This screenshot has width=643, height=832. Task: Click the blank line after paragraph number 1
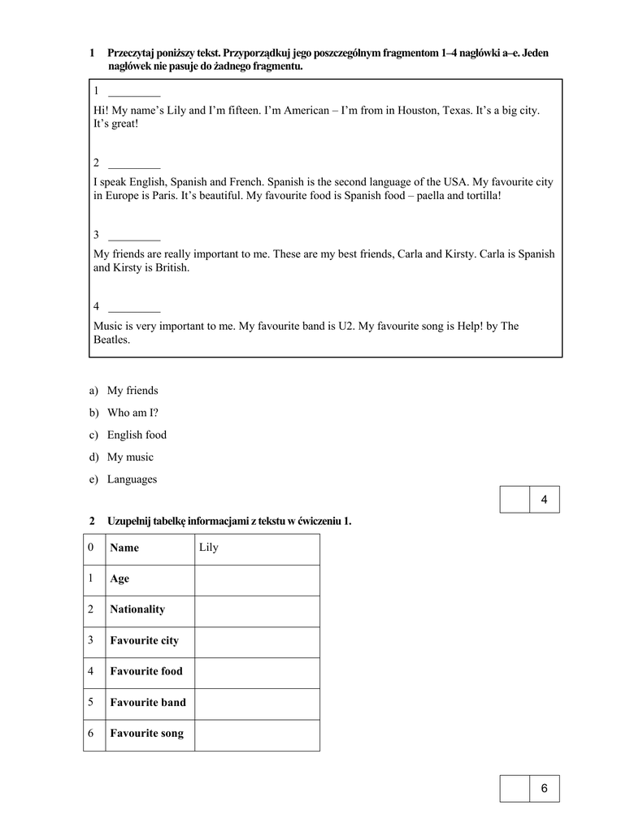(134, 95)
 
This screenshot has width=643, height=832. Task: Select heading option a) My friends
(133, 390)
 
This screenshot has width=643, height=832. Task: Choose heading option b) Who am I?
(133, 412)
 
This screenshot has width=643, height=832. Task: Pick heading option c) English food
(137, 435)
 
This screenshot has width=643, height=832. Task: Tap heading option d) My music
(130, 457)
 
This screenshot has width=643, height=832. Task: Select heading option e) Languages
(132, 479)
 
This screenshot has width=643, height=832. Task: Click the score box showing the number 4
(544, 499)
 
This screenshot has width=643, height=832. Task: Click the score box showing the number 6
(544, 788)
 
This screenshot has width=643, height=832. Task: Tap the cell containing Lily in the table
(256, 548)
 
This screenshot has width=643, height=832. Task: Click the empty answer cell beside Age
(256, 578)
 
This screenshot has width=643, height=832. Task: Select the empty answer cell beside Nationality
(256, 609)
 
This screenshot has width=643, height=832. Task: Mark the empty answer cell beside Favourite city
(256, 640)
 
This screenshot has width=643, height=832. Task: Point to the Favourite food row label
(146, 671)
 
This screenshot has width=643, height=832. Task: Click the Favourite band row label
(148, 702)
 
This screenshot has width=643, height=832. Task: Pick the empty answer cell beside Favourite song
(256, 734)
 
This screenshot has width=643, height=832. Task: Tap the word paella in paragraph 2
(432, 196)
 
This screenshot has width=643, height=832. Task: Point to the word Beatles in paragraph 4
(111, 340)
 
